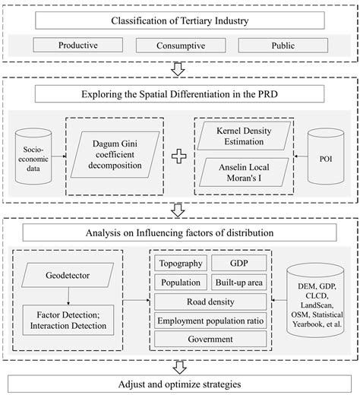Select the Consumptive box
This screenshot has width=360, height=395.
pyautogui.click(x=178, y=45)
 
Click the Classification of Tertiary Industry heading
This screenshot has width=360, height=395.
pyautogui.click(x=179, y=18)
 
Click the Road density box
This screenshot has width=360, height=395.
pyautogui.click(x=210, y=302)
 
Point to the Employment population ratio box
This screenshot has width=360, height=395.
pyautogui.click(x=210, y=321)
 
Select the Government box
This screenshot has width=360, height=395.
pyautogui.click(x=210, y=340)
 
